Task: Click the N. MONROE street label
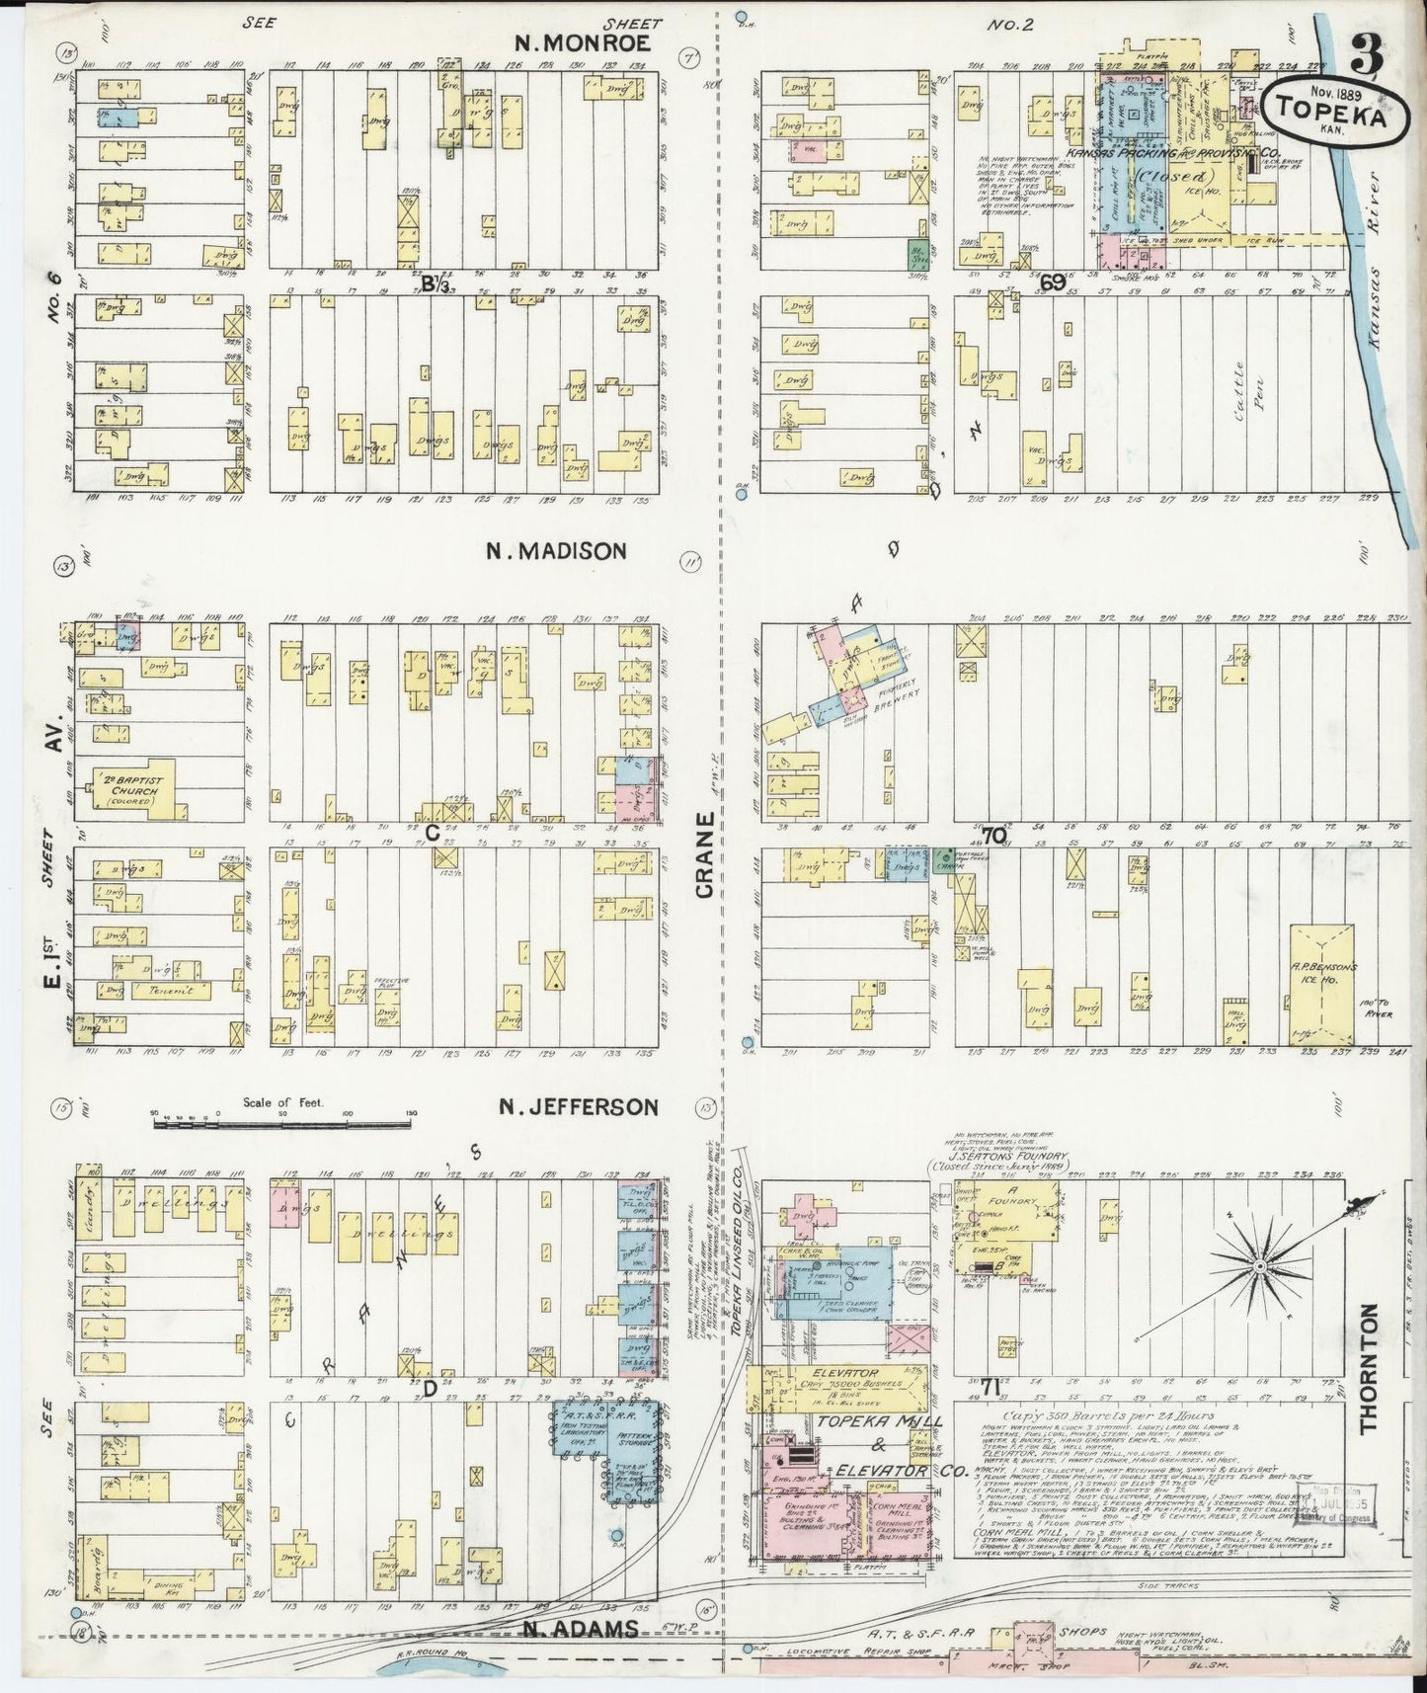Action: [x=583, y=42]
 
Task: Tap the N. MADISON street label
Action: [x=556, y=550]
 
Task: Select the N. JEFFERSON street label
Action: [x=578, y=1106]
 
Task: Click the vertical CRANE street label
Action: [x=704, y=855]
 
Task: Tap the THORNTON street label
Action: [x=1368, y=1368]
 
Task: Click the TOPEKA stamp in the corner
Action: [x=1335, y=111]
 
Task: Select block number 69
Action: [x=1052, y=283]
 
